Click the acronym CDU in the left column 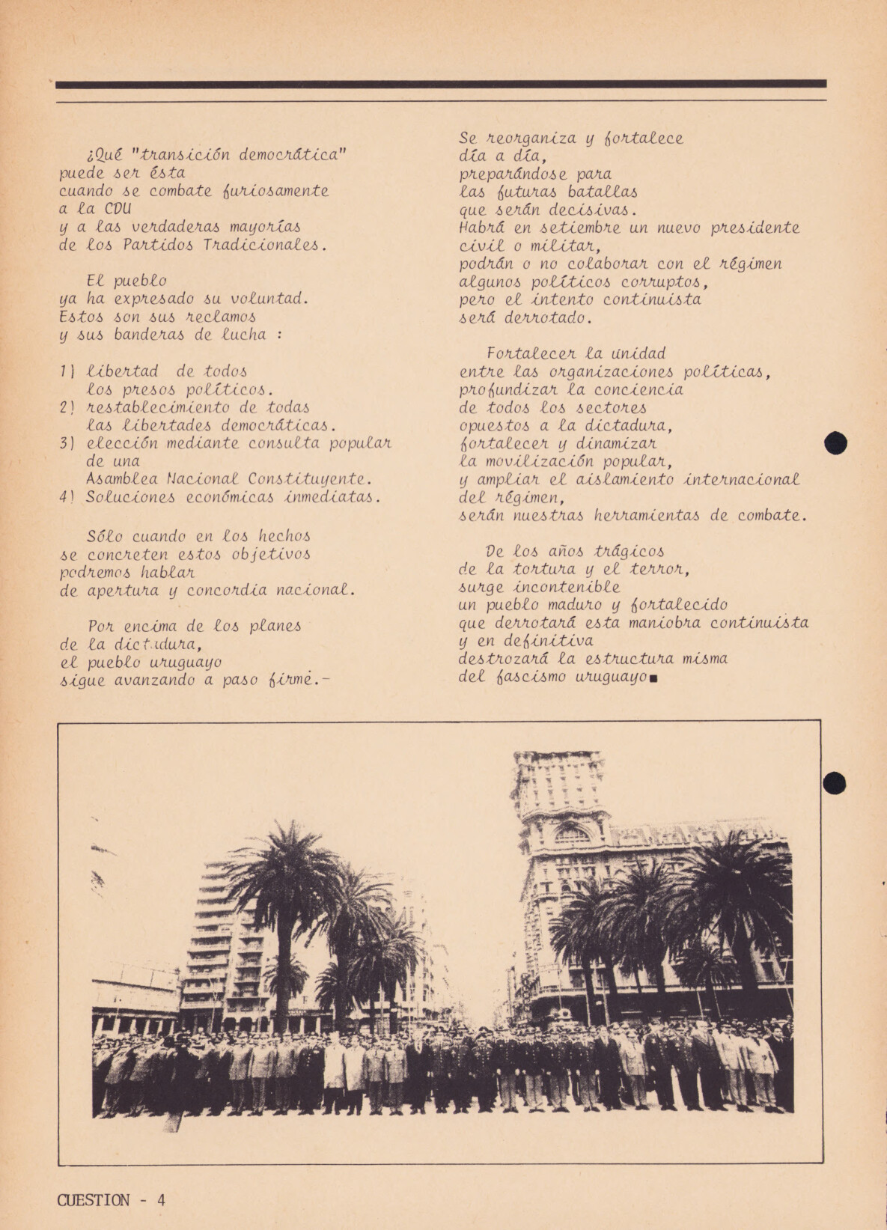[x=118, y=209]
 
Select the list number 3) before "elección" [x=67, y=443]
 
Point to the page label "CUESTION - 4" [x=111, y=1200]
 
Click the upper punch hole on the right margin [x=835, y=443]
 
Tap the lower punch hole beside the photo [x=835, y=783]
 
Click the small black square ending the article [x=654, y=680]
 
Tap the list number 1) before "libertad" [x=66, y=371]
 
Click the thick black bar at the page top [x=442, y=84]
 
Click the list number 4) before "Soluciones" [x=67, y=497]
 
